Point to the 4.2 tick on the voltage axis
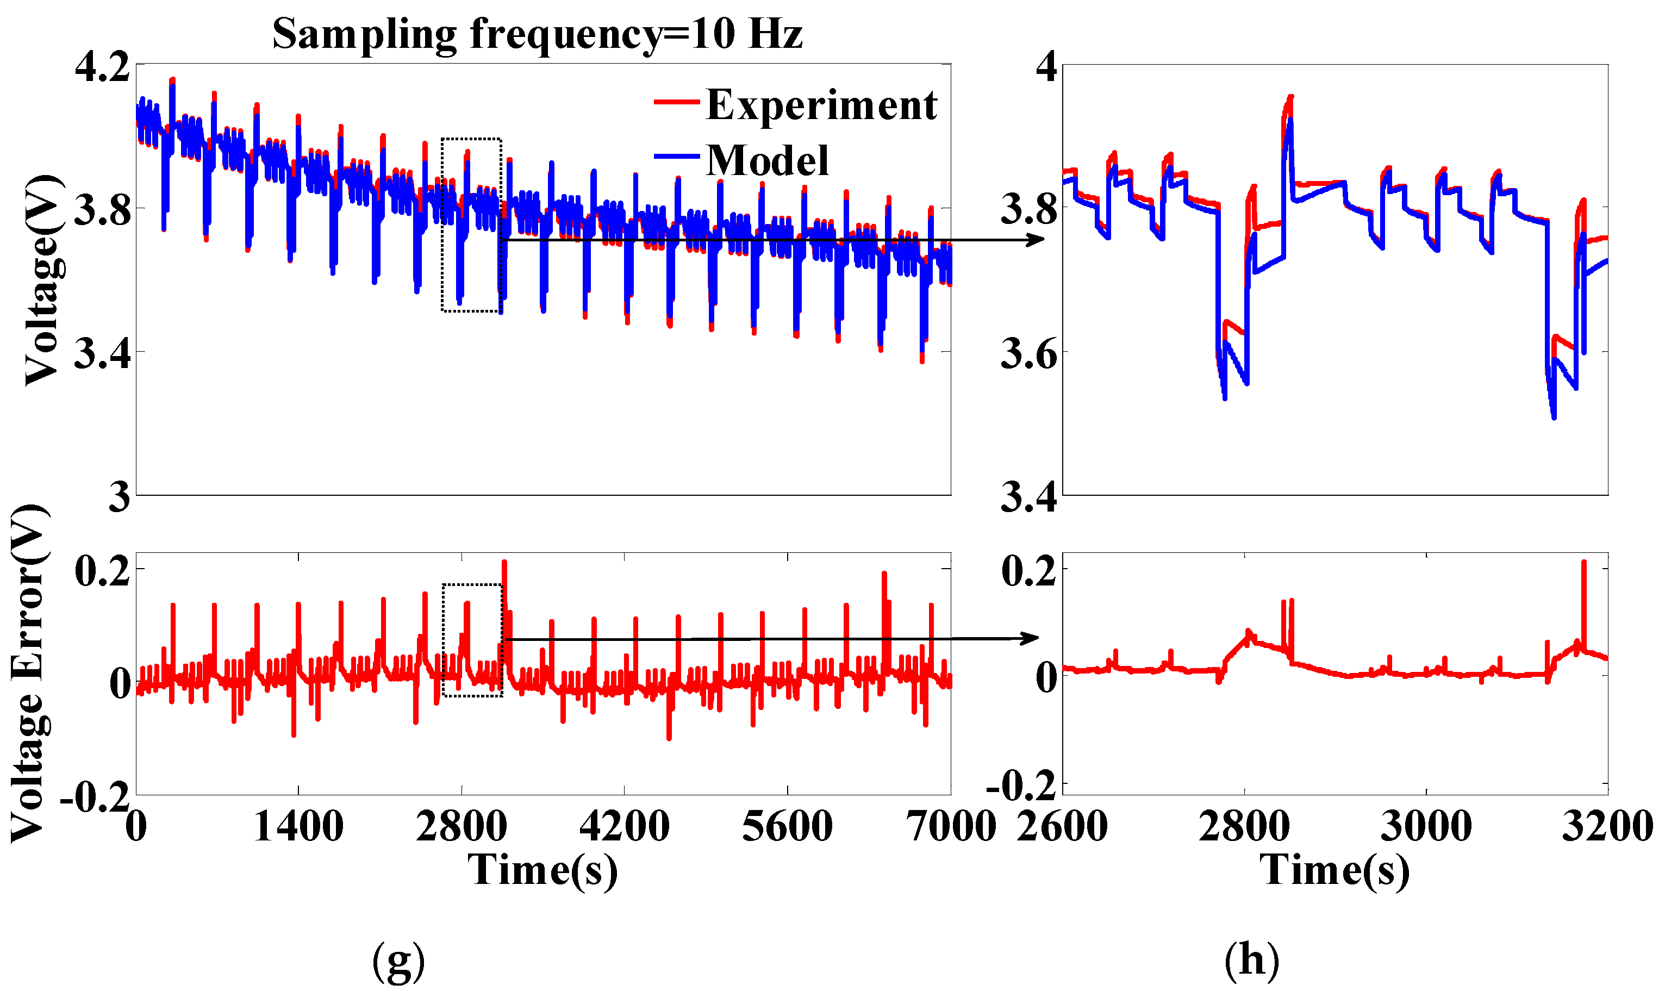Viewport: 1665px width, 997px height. [102, 67]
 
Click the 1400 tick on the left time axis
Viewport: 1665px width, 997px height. [298, 826]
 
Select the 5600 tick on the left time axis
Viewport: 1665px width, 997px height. [787, 826]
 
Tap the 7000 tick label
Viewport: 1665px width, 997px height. [952, 826]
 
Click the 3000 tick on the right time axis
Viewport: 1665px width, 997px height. [1426, 826]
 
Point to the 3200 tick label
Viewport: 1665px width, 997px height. [1607, 826]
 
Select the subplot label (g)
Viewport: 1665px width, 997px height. [398, 961]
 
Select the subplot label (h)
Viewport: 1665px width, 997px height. [1251, 961]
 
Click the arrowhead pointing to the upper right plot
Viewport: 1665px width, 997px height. [1038, 240]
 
